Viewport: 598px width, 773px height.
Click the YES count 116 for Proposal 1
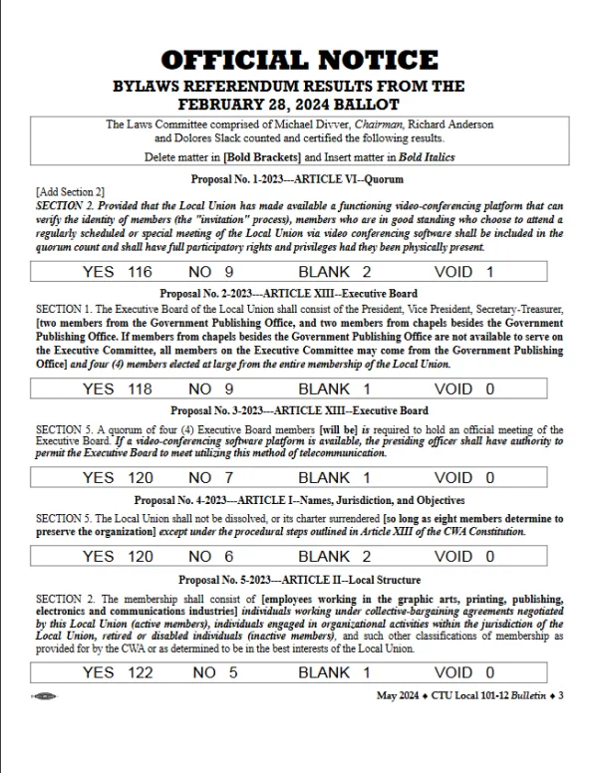point(118,271)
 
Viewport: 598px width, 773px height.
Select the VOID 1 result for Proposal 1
point(464,271)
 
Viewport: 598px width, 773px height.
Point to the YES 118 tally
point(118,389)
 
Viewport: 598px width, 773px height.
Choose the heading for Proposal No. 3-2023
point(299,410)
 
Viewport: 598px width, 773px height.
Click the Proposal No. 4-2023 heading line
point(299,499)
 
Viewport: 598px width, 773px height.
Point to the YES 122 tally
point(118,672)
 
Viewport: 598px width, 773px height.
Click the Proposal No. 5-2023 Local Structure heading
point(299,580)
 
